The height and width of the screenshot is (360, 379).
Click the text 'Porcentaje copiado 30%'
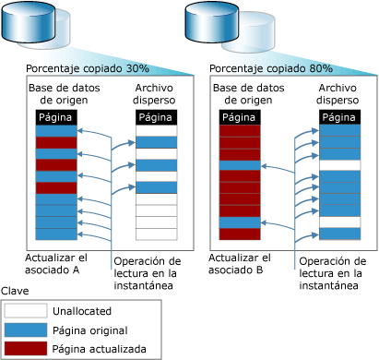[88, 68]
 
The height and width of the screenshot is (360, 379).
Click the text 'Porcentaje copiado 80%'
[271, 68]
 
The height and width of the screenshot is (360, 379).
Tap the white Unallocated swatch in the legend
[26, 310]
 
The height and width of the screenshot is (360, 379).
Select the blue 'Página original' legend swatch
[26, 330]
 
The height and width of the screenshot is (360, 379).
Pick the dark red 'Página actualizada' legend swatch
[26, 349]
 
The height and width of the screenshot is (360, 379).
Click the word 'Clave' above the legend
[15, 291]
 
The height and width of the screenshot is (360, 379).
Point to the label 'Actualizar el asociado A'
[56, 264]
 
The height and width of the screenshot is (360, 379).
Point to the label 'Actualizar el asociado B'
[240, 264]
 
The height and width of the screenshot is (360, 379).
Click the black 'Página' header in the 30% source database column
[56, 117]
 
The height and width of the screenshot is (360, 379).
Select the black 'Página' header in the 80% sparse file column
[339, 117]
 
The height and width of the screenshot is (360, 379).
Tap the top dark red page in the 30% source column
[56, 143]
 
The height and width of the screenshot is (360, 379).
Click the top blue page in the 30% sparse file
[157, 142]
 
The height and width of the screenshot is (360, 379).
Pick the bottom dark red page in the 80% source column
[240, 234]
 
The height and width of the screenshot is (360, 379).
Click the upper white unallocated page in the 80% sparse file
[339, 165]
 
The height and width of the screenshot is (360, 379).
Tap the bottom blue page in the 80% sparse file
[339, 234]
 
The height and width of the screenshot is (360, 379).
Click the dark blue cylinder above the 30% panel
[29, 21]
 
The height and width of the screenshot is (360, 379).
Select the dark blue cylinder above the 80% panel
[212, 21]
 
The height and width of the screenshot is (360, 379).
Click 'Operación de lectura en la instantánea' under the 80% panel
[333, 273]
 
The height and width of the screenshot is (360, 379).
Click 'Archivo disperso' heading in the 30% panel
[154, 94]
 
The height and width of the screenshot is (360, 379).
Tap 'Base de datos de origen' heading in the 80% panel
[248, 94]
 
